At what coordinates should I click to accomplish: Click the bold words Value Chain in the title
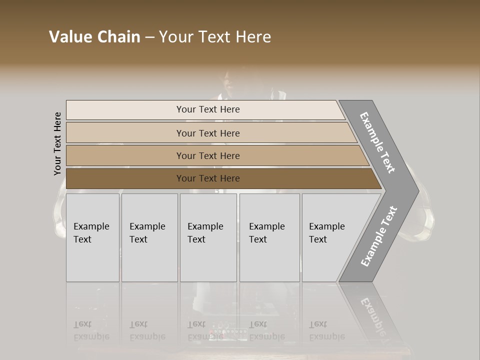(94, 37)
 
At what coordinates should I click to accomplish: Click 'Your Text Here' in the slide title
(215, 37)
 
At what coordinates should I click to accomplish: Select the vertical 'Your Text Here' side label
(57, 143)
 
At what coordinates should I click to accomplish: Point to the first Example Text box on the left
(92, 237)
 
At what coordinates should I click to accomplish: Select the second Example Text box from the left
(149, 237)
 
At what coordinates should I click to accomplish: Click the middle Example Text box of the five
(208, 237)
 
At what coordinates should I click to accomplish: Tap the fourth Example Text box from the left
(269, 237)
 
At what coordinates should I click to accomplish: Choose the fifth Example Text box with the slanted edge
(330, 237)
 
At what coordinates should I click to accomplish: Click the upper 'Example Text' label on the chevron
(377, 142)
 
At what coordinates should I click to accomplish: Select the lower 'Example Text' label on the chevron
(379, 236)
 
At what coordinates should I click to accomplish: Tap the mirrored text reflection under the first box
(91, 330)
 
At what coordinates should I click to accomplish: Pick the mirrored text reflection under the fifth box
(327, 330)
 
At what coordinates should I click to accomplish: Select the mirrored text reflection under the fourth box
(267, 330)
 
